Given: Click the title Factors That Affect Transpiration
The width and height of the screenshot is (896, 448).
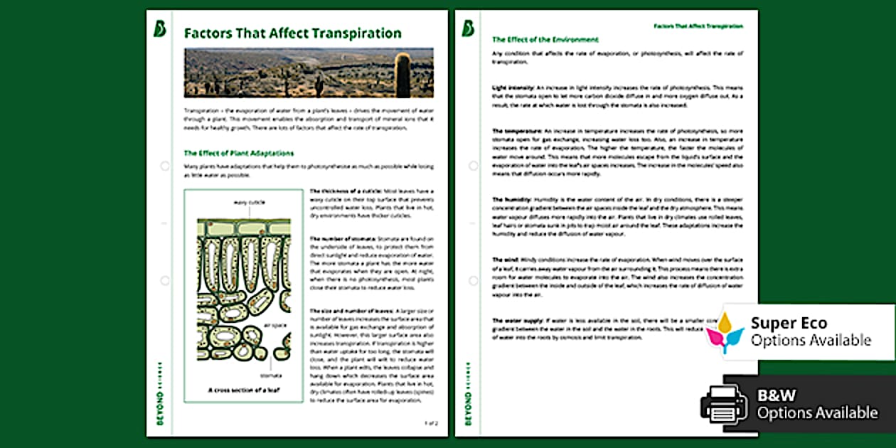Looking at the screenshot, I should (x=292, y=33).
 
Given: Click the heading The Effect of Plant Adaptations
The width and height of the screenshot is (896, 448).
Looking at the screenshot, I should (x=238, y=153).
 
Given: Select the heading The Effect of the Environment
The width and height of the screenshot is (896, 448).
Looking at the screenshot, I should (x=545, y=40).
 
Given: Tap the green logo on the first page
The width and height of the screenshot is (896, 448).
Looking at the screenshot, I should (x=160, y=28).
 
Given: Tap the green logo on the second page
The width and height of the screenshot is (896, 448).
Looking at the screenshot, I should (x=468, y=28).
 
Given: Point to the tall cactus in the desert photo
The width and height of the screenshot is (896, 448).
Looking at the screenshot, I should (x=403, y=74).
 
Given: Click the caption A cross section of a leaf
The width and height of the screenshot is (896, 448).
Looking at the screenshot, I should (x=240, y=390).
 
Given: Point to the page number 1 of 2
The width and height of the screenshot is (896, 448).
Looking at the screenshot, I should (x=431, y=422).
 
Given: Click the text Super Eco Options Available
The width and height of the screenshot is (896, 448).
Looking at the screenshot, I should (x=811, y=332).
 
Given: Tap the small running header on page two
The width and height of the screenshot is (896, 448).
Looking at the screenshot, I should (x=698, y=26).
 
